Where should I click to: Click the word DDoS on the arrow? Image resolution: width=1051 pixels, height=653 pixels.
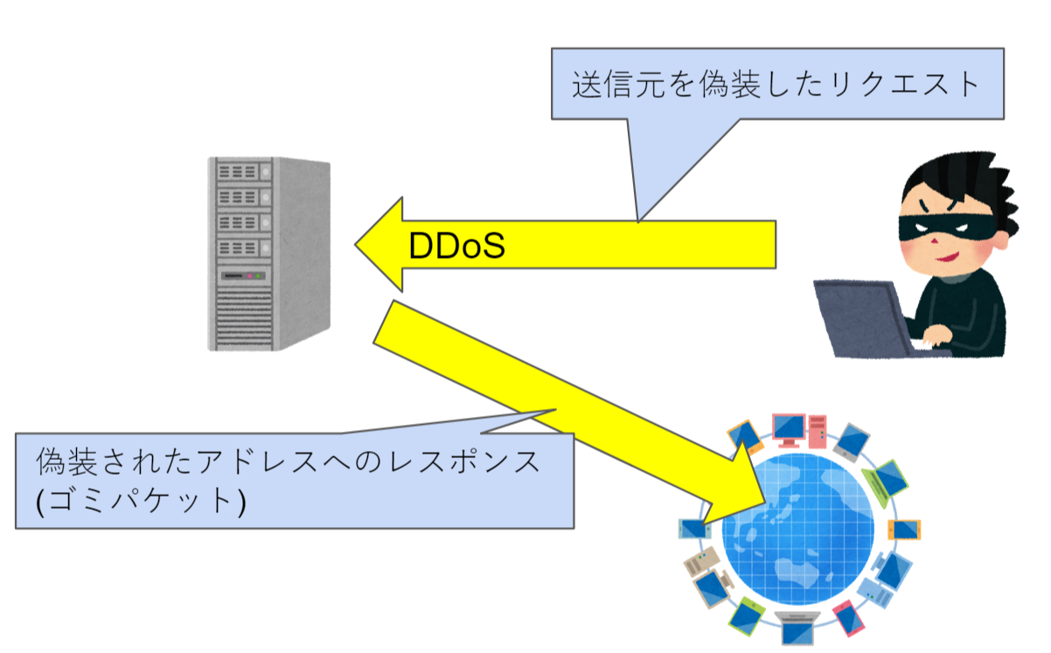[x=457, y=247]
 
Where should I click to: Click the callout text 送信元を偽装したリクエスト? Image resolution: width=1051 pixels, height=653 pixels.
[x=776, y=84]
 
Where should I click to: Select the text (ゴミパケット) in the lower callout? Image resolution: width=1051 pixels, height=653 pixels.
[x=141, y=501]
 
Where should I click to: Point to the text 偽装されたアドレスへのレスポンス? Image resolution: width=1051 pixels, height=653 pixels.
[x=289, y=461]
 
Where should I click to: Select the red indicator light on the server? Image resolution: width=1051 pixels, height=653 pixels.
[x=250, y=277]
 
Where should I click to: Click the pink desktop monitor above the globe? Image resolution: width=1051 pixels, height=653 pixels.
[x=790, y=427]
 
